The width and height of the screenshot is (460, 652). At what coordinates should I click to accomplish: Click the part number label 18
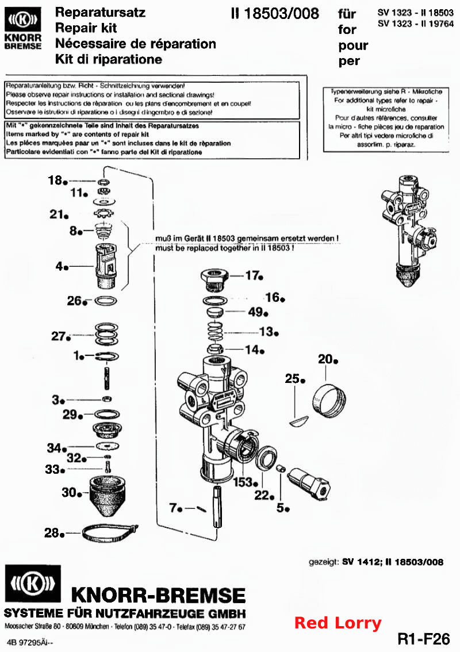(x=55, y=180)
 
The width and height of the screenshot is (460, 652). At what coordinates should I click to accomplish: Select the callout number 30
(x=69, y=492)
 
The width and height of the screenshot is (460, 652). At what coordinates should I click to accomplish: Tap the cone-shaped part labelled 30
(x=108, y=495)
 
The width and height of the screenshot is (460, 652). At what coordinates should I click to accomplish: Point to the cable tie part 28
(x=110, y=532)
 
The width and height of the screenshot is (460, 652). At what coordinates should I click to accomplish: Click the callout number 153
(x=243, y=482)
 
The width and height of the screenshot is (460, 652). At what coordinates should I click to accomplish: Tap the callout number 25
(x=292, y=378)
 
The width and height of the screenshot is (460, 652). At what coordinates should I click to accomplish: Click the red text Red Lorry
(x=338, y=623)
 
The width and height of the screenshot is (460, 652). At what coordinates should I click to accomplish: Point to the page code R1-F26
(x=424, y=639)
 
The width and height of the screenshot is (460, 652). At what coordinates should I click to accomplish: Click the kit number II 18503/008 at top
(x=275, y=13)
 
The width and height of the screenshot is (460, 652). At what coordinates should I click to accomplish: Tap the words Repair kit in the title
(x=86, y=28)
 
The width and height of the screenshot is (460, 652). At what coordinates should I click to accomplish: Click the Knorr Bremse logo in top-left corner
(x=24, y=28)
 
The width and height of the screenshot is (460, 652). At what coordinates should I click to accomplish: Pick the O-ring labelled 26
(x=106, y=300)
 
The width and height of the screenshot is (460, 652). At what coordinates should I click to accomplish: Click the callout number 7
(x=174, y=508)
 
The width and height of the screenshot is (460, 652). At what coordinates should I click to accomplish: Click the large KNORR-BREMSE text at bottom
(x=159, y=595)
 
